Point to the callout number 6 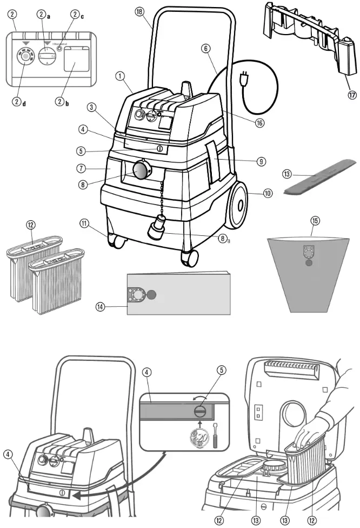205,48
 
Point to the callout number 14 100,307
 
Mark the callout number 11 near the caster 83,222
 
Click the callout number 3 93,108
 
